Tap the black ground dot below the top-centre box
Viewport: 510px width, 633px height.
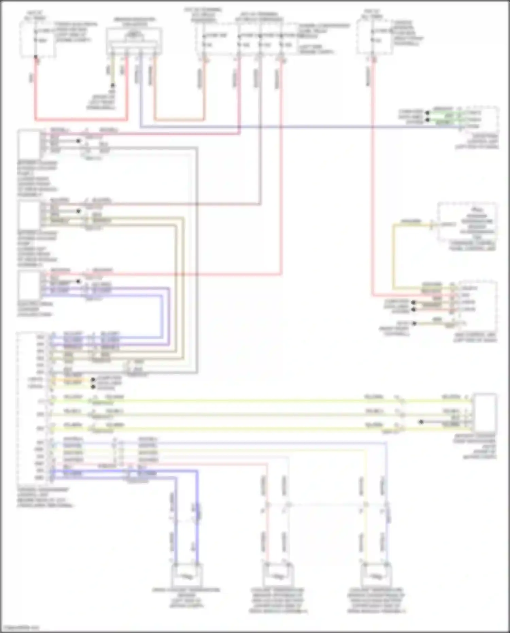[113, 85]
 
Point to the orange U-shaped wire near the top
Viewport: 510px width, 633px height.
[179, 120]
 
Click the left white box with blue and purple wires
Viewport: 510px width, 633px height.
[30, 285]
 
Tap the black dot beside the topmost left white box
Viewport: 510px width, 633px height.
[79, 141]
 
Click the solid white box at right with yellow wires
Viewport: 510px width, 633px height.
[485, 413]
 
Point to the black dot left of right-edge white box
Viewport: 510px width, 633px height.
[421, 422]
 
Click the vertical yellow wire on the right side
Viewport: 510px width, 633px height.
[394, 255]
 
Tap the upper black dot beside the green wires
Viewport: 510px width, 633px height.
[427, 113]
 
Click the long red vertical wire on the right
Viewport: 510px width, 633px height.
[373, 177]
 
